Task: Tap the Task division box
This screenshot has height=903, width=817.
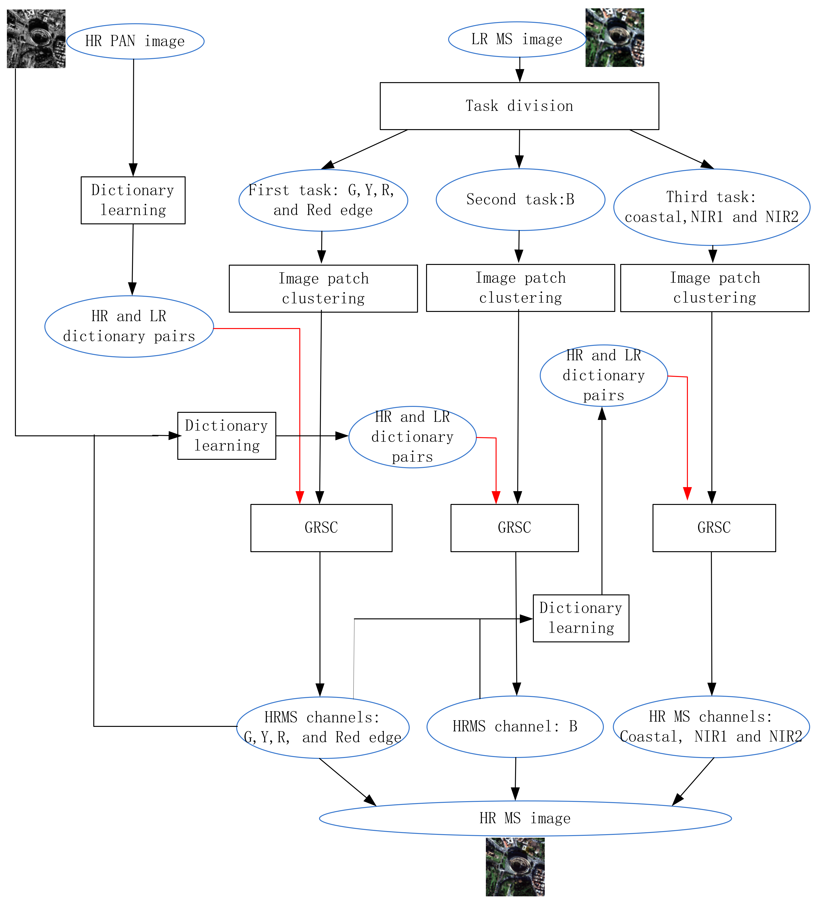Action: point(519,106)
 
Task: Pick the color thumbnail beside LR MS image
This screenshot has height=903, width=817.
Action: point(615,38)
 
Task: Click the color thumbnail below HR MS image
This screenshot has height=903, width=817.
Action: point(515,867)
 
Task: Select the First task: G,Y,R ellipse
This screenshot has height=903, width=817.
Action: point(323,200)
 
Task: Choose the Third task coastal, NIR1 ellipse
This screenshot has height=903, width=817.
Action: point(711,207)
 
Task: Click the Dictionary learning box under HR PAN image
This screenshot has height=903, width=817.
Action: point(133,200)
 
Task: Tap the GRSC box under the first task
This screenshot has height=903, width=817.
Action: point(321,528)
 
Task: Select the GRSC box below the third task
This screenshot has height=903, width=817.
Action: point(714,528)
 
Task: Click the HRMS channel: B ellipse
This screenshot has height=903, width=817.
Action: point(515,726)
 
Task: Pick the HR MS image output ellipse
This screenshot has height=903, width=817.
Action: point(525,818)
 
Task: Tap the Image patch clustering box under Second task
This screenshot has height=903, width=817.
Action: point(520,287)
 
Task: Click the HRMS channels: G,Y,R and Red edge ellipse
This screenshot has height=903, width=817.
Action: point(323,727)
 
